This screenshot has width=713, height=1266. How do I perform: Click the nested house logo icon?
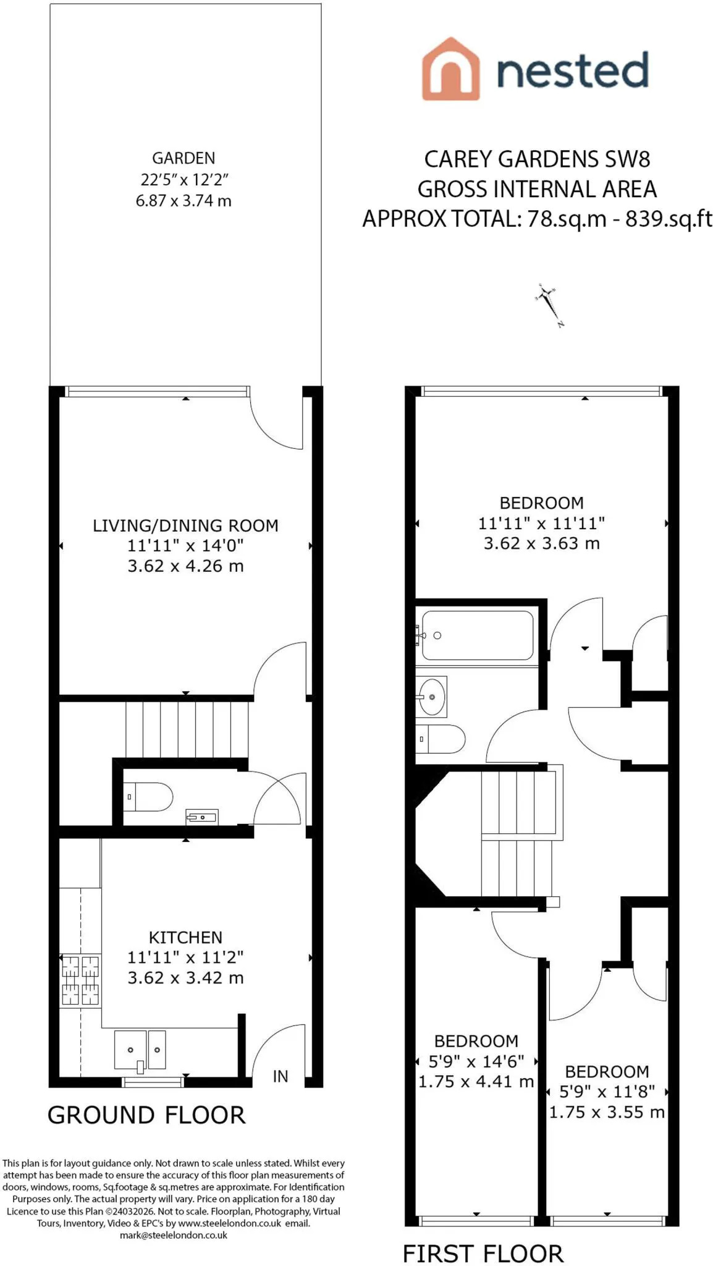[450, 69]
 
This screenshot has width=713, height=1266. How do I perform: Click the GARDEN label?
[184, 158]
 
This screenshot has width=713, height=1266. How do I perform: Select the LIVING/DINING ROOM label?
[185, 525]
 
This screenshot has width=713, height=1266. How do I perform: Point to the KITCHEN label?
[185, 937]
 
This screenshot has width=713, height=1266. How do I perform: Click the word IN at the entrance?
[281, 1076]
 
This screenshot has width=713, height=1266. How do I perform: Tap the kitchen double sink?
[140, 1050]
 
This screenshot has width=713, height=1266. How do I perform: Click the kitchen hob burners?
[80, 980]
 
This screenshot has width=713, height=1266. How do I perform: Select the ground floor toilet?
[148, 797]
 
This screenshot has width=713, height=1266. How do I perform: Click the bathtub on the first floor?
[478, 635]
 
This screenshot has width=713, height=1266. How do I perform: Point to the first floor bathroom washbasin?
[431, 697]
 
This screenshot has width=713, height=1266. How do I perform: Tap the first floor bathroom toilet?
[441, 739]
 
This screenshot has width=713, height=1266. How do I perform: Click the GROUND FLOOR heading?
[146, 1115]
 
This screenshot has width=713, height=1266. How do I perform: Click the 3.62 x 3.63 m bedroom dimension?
[542, 543]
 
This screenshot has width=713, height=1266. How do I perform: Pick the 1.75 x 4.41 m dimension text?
[476, 1081]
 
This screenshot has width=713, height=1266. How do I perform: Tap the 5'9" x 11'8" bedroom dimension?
[607, 1092]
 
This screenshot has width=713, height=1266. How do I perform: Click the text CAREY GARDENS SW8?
[538, 159]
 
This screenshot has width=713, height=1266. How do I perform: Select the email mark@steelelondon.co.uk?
[174, 1235]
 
